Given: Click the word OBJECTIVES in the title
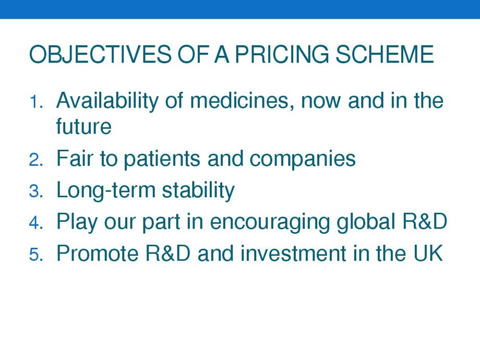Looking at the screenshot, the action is click(100, 54).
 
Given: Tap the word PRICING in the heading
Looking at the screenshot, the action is click(282, 54).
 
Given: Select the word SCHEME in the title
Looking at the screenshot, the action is click(385, 54).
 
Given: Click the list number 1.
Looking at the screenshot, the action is click(36, 102).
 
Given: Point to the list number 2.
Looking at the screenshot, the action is click(36, 160).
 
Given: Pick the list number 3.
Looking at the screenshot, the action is click(36, 191).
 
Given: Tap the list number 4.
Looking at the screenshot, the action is click(36, 223).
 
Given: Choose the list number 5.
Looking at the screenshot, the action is click(36, 255).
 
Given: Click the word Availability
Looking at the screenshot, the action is click(107, 102).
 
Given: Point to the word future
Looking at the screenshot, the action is click(83, 126).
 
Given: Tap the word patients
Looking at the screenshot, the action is click(162, 159).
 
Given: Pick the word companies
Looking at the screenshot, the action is click(303, 159).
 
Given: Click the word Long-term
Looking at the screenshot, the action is click(106, 191).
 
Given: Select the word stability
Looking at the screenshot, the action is click(198, 191).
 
